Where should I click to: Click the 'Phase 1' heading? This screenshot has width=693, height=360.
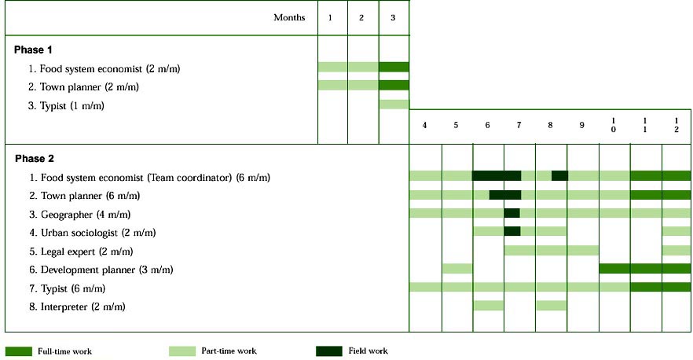(x=33, y=50)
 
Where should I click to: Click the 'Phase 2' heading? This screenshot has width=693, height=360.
(x=33, y=159)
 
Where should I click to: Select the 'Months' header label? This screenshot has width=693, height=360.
(x=288, y=17)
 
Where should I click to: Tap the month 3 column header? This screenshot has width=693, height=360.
(x=393, y=17)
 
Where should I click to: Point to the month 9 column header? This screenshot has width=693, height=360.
(x=581, y=125)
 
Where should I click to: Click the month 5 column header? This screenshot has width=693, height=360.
(x=456, y=125)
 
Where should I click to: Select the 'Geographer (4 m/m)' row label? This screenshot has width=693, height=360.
(x=79, y=214)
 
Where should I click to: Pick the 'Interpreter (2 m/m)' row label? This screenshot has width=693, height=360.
(x=82, y=306)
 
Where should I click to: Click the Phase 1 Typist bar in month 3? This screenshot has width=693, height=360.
(x=394, y=104)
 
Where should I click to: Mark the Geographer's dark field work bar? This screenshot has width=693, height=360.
(x=511, y=213)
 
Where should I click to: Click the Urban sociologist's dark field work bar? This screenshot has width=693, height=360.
(x=511, y=231)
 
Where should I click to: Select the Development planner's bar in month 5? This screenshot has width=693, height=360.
(x=457, y=268)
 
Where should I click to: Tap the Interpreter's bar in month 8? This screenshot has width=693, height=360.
(x=551, y=305)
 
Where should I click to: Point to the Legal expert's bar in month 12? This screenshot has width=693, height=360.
(x=676, y=250)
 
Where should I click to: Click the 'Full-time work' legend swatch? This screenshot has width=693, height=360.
(x=18, y=351)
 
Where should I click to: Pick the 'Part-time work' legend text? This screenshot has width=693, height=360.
(x=229, y=351)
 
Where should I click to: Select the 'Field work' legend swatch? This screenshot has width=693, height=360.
(x=328, y=351)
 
